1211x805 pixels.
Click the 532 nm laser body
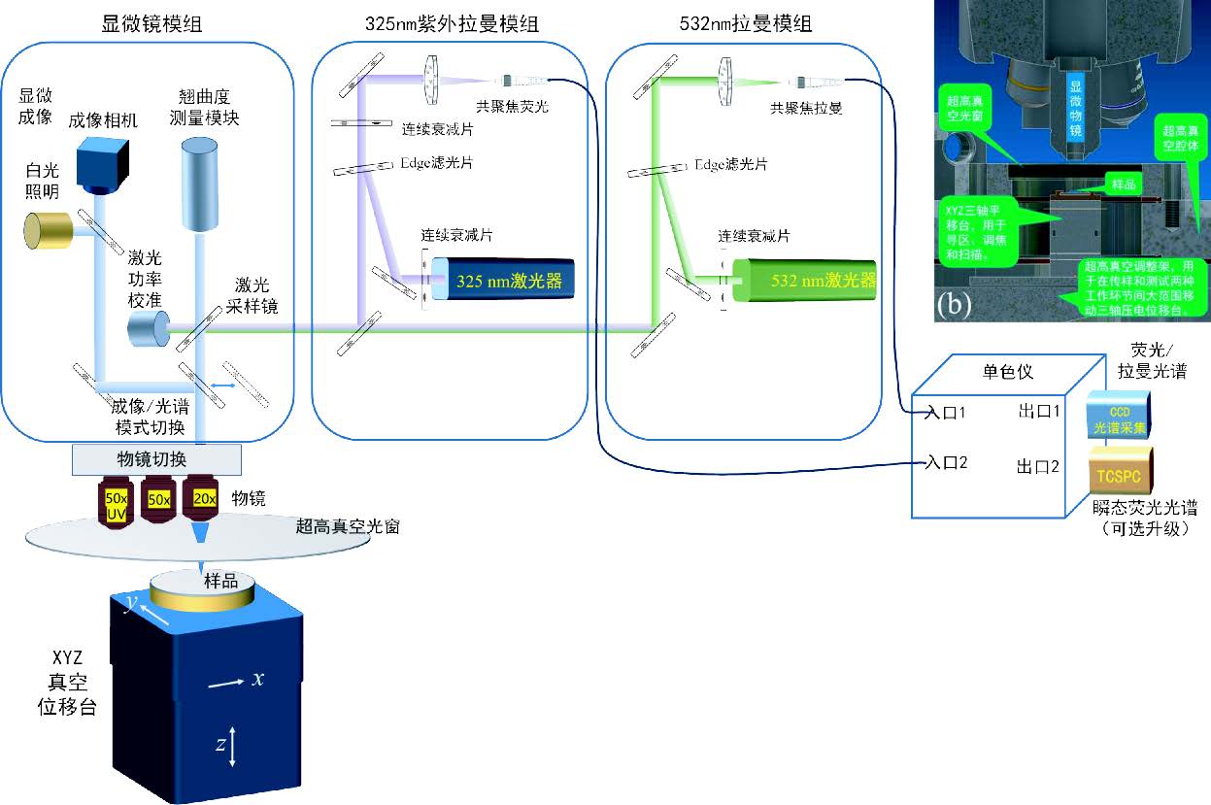click(806, 282)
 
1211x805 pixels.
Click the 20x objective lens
click(204, 499)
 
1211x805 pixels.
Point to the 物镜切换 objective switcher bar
click(156, 457)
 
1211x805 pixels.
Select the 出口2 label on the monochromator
click(1036, 466)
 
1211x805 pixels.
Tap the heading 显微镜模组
click(152, 23)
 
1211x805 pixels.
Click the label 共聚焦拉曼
click(805, 109)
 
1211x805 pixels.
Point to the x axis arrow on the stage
click(227, 684)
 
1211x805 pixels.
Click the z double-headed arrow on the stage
click(234, 746)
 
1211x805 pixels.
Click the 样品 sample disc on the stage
click(203, 589)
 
